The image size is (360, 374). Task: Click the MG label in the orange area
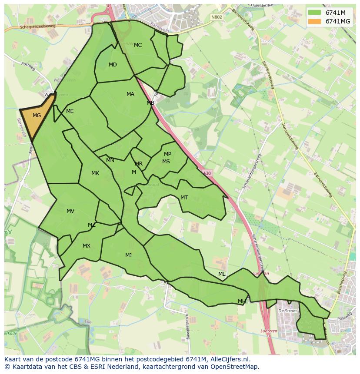37,116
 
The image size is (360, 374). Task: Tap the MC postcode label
138,45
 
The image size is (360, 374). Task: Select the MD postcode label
113,65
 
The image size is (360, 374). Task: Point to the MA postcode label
130,94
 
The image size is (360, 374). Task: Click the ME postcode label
70,111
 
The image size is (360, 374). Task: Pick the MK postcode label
95,173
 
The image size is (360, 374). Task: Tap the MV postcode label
70,211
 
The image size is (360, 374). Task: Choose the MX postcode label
87,246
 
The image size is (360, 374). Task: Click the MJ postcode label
128,255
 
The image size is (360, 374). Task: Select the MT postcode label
184,198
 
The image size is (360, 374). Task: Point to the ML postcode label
222,274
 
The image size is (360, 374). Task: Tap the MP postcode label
167,154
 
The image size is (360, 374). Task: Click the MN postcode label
110,160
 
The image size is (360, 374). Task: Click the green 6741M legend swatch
314,13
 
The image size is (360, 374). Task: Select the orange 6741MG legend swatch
314,21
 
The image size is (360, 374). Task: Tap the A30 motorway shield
207,173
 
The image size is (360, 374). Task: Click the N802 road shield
216,17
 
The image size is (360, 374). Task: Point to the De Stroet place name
287,311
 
